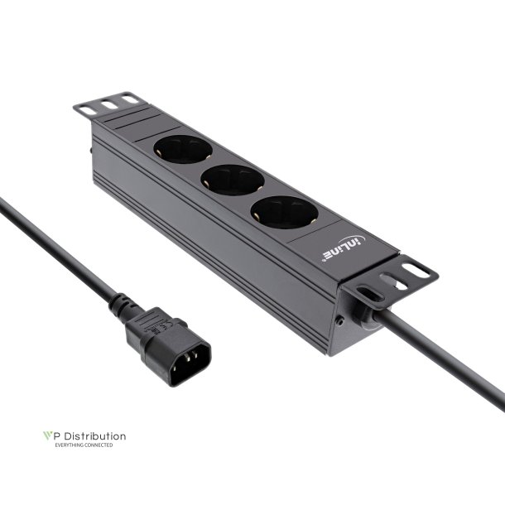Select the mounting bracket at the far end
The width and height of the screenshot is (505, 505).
(105, 105)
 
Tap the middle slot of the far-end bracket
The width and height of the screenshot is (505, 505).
(107, 104)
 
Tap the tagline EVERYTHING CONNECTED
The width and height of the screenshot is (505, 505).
(84, 445)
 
